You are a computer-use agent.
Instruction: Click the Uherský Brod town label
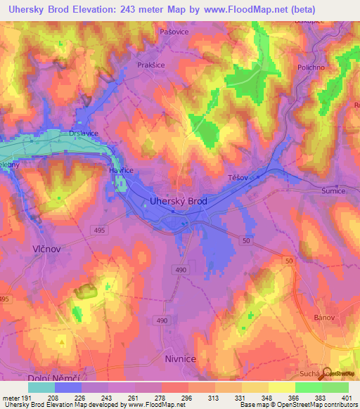(179, 201)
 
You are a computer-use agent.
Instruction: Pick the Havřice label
(121, 170)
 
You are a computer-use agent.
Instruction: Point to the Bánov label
(324, 318)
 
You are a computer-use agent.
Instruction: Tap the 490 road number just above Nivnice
(163, 320)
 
